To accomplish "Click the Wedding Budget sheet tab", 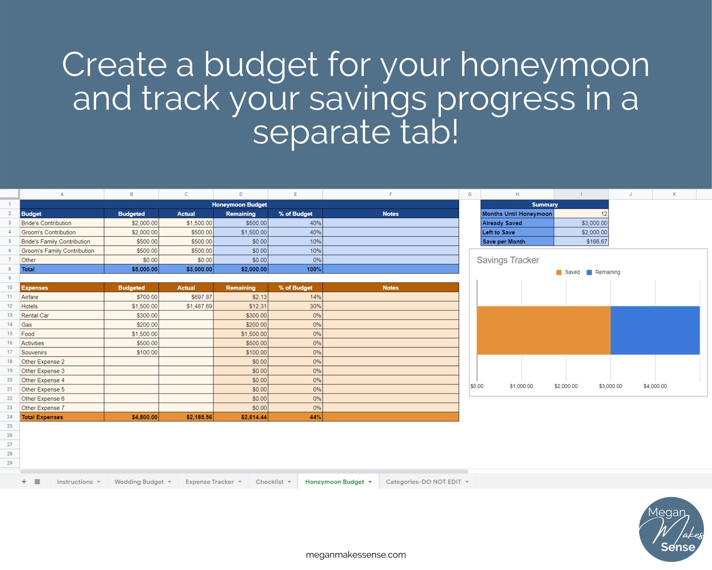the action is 143,482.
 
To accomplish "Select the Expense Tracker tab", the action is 213,482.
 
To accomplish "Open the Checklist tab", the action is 273,482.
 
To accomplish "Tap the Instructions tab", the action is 78,482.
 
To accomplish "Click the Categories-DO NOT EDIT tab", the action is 427,482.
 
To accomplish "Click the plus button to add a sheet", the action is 24,482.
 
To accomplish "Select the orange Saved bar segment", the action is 543,330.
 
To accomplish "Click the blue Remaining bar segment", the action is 655,330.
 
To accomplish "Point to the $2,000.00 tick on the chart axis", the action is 566,386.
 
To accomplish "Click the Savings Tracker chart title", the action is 508,260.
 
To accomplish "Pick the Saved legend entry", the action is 568,272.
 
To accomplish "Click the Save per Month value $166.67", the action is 597,241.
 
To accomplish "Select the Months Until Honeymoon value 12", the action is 604,214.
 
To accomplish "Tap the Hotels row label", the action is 30,306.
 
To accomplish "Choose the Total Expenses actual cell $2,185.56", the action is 199,417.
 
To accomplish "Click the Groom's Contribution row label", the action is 48,232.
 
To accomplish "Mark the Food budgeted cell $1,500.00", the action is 144,334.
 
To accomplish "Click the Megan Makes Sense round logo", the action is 671,529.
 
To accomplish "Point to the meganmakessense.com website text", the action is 356,554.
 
